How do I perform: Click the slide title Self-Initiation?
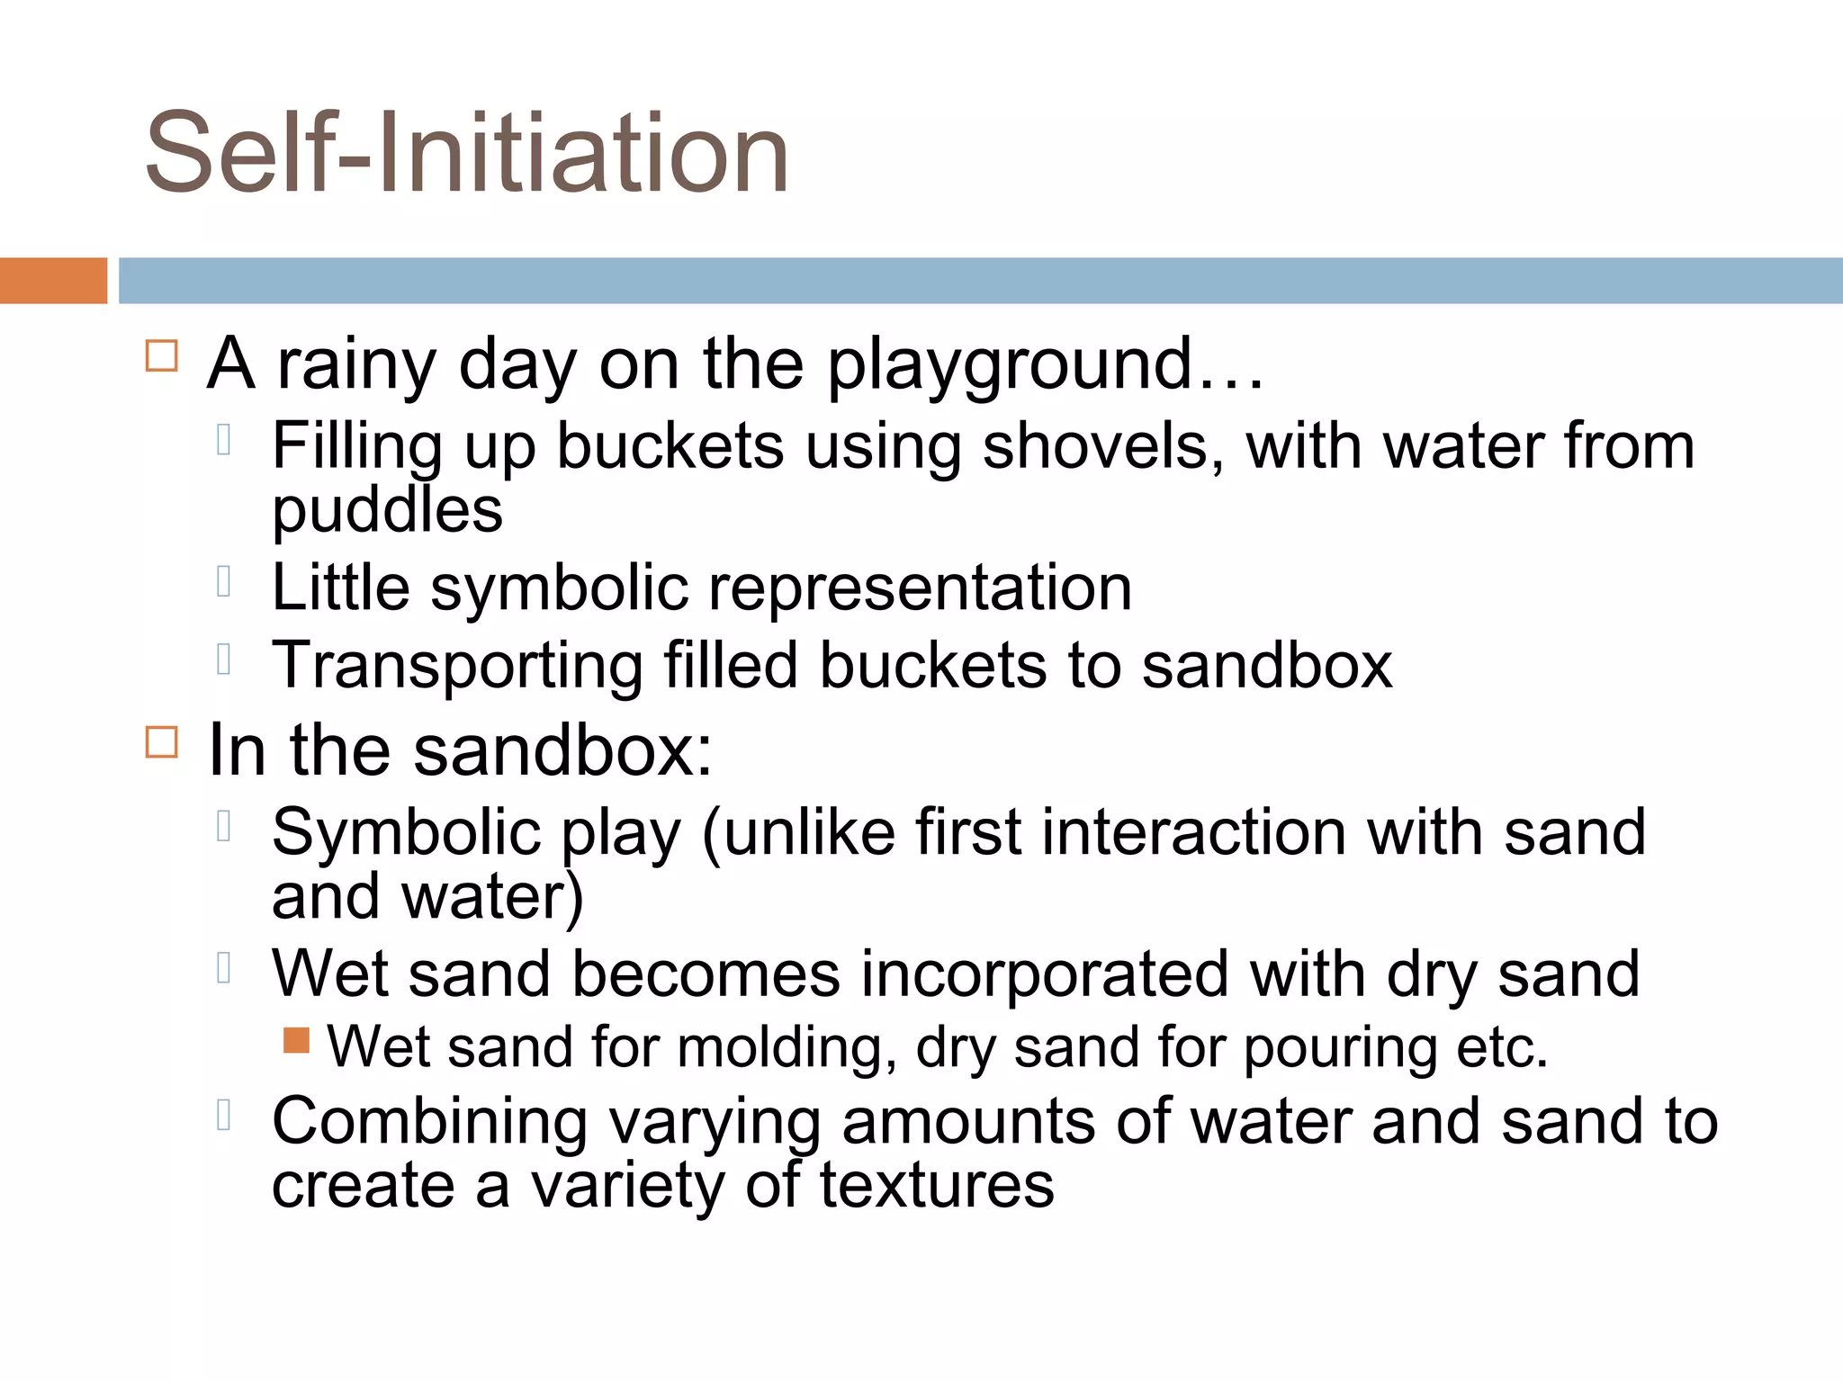[x=466, y=153]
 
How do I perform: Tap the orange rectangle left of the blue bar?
[x=53, y=281]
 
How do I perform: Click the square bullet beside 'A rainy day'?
[x=162, y=355]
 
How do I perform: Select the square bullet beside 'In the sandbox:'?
[x=162, y=742]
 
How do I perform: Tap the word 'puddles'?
[x=387, y=511]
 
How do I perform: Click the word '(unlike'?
[x=797, y=832]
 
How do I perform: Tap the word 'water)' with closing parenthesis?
[x=492, y=897]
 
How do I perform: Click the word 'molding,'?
[x=787, y=1048]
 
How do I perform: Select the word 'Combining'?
[x=430, y=1123]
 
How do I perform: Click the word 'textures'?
[x=936, y=1186]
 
